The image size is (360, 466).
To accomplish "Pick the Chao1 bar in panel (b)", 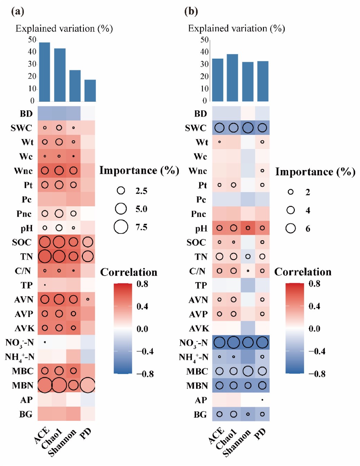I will (x=232, y=78).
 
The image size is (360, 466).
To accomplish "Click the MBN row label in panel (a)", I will (x=23, y=385).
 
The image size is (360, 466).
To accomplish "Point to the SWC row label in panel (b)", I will (x=195, y=128).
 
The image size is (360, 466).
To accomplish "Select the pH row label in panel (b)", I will (x=201, y=228).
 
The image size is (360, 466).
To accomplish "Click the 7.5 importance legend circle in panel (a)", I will (x=121, y=227).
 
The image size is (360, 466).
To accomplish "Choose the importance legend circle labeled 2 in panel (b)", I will (x=291, y=192).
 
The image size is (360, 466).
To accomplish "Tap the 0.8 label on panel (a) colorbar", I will (x=142, y=284).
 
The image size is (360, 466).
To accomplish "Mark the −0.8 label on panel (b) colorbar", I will (x=317, y=374).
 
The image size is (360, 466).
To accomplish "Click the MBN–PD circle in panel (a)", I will (x=87, y=385).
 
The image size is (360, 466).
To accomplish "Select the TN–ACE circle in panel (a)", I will (x=45, y=256).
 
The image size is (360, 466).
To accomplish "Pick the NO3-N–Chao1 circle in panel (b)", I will (x=234, y=343).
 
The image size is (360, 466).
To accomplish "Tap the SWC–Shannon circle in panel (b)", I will (x=248, y=128).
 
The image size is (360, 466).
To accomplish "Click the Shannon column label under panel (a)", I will (x=62, y=443).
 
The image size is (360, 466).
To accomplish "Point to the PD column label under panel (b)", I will (x=260, y=433).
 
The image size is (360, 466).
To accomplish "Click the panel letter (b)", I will (x=191, y=11).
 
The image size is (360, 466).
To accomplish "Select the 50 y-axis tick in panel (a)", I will (x=32, y=40).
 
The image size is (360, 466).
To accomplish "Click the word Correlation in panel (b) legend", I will (x=303, y=272).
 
